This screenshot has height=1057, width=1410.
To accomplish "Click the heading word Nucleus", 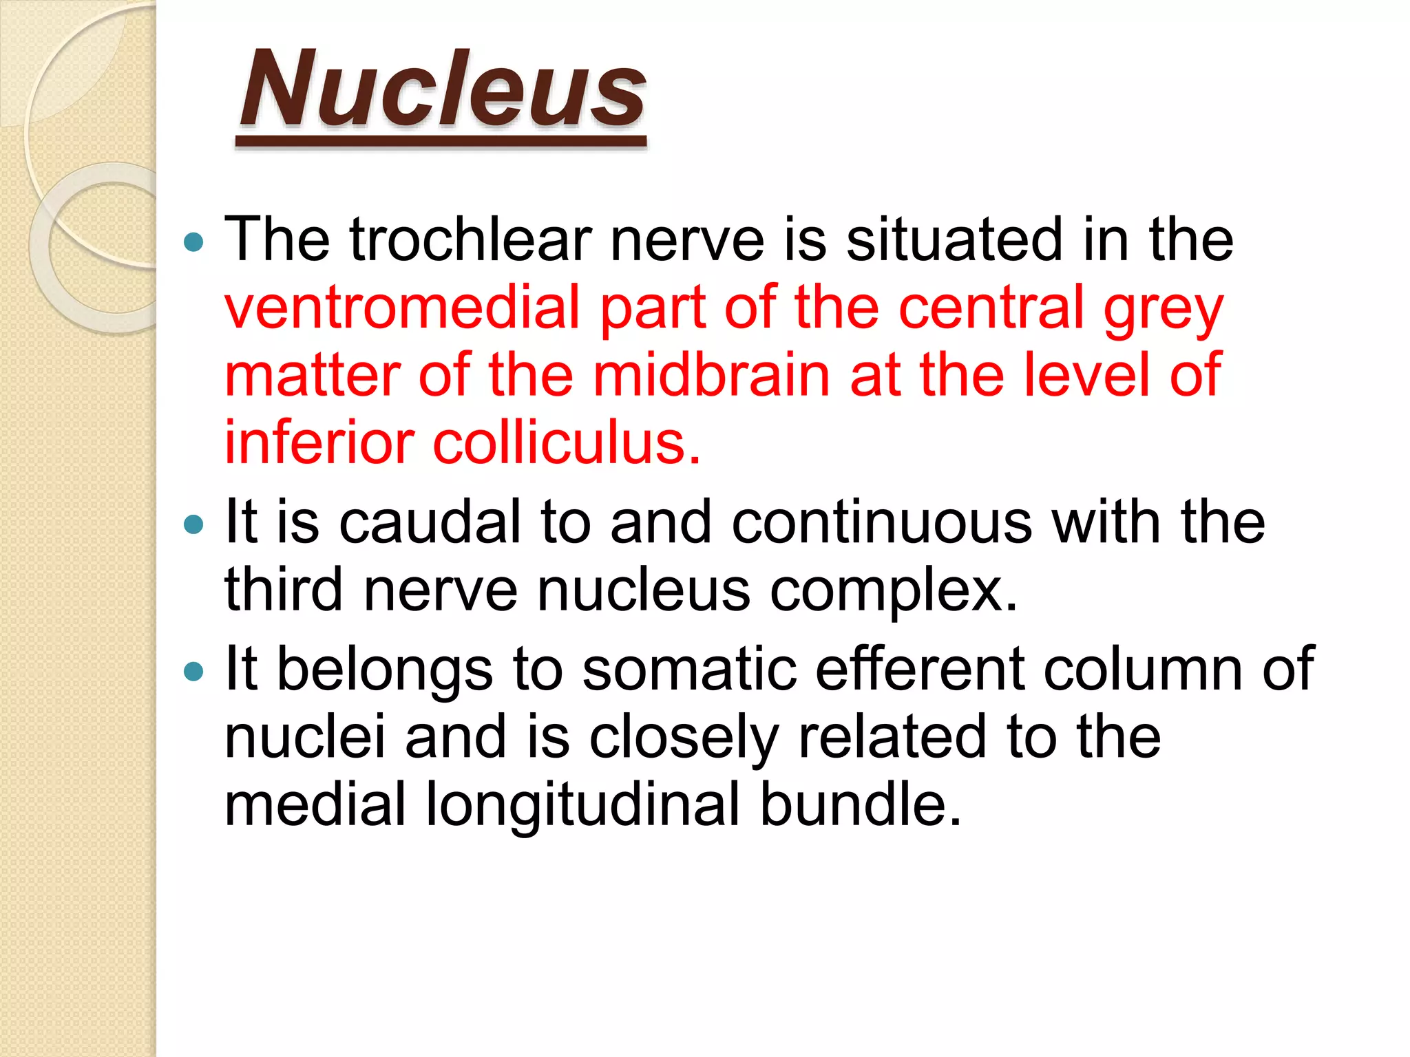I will tap(442, 90).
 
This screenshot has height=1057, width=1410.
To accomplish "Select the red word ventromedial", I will tap(403, 307).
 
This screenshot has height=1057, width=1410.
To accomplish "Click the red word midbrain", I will tap(711, 375).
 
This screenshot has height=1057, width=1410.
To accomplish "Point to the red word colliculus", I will tap(566, 442).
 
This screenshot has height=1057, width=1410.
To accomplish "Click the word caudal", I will tap(430, 522).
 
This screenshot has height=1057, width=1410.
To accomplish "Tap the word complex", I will tap(893, 590).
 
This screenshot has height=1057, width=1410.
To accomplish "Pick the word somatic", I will tap(689, 669).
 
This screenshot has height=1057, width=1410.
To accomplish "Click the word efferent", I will tap(920, 669).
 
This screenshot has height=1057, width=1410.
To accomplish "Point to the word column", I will tap(1143, 669).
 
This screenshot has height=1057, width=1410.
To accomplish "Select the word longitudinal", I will tap(582, 804).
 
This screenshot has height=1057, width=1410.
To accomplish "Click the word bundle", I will tap(860, 804).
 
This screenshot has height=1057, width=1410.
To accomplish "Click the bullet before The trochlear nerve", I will tap(195, 242).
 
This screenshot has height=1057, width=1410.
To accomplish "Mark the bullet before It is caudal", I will tap(195, 525).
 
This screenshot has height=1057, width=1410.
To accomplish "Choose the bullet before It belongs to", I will tap(195, 671).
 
